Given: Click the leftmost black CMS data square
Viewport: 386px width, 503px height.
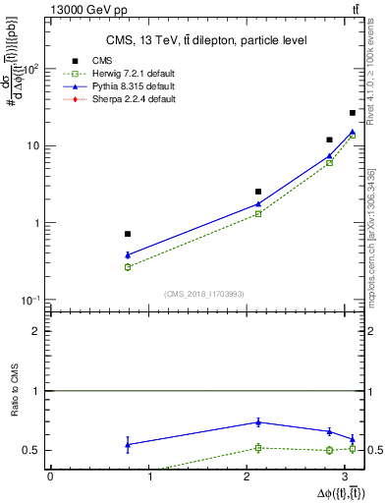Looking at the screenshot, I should [x=128, y=234].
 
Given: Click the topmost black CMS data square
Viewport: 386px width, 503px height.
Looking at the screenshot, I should [x=353, y=113].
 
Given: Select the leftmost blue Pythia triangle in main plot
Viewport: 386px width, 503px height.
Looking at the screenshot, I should [x=128, y=255].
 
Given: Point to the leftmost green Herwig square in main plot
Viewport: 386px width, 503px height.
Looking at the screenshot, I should [x=128, y=267].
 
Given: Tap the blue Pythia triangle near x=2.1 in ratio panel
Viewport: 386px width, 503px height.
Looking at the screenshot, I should [x=258, y=421].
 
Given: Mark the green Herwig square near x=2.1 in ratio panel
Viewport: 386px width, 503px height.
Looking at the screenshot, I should [x=258, y=448].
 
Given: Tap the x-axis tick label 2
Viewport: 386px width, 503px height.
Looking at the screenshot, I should [x=250, y=476].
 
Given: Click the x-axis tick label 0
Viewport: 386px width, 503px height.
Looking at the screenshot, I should [x=50, y=476].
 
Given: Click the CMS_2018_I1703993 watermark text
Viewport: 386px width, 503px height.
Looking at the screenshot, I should [x=203, y=294].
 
